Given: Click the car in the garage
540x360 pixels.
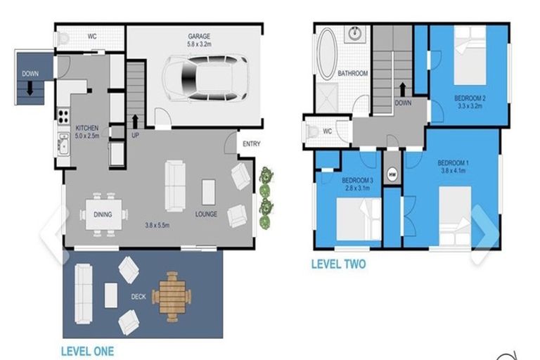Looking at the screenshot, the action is click(205, 79).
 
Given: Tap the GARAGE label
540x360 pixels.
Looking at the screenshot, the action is click(199, 36).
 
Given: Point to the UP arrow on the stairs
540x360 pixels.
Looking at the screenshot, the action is click(135, 122).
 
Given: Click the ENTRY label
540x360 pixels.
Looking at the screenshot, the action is click(252, 144).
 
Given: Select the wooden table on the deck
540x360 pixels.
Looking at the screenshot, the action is click(172, 297).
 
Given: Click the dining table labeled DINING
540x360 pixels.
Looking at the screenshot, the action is click(103, 214).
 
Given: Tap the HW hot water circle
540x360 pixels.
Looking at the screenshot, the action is click(392, 175).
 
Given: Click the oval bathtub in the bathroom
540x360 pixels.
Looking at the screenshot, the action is click(327, 54).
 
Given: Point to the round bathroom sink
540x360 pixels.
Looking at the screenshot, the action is click(354, 34).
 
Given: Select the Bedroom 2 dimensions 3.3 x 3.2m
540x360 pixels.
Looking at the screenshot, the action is click(470, 106).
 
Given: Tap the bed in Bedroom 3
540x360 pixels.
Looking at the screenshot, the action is click(359, 219).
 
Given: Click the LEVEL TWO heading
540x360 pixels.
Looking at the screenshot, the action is click(338, 264).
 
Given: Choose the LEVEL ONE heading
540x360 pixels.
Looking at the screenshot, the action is click(87, 352).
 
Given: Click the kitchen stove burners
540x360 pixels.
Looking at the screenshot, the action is click(63, 116).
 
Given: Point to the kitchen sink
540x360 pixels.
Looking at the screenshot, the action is click(64, 145).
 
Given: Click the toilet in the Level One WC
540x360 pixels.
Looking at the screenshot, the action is click(63, 39).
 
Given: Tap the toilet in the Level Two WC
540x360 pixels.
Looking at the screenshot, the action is click(312, 131).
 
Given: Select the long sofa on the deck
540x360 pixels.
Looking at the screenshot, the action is click(84, 294).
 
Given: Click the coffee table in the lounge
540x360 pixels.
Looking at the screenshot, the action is click(208, 192).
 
